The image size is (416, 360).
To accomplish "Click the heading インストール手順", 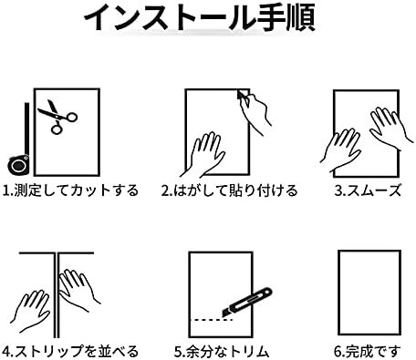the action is click(x=200, y=17).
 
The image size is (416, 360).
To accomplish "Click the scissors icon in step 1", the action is click(x=57, y=117).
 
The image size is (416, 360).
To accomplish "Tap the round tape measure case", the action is click(x=18, y=165).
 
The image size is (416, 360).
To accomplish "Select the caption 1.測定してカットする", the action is click(x=70, y=190).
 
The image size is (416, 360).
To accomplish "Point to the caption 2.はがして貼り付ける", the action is click(x=230, y=190).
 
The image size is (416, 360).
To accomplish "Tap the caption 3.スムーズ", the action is click(x=368, y=190).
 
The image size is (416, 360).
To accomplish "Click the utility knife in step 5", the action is click(x=247, y=303).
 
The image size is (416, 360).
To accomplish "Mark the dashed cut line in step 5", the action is click(x=212, y=320).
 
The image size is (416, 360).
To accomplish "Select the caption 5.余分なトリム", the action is click(x=222, y=352).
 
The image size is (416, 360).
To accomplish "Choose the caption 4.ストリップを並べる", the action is click(x=70, y=352).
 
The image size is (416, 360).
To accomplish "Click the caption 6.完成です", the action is click(x=368, y=352).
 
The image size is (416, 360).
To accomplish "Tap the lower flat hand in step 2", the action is click(x=203, y=156).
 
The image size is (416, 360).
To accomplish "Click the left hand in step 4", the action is click(x=32, y=311).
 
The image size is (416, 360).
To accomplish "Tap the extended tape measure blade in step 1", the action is click(x=27, y=129).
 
